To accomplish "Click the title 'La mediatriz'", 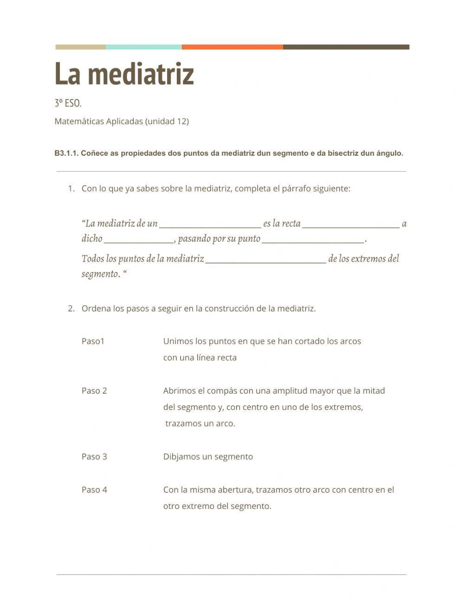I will pos(124,74).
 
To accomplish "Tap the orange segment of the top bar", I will pos(232,47).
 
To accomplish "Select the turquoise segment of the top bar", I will pos(143,47).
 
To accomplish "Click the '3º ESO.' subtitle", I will pos(68,103).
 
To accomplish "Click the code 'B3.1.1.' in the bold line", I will pos(66,153).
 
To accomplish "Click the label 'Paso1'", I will pos(93,341).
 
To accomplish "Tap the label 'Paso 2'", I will pos(94,391).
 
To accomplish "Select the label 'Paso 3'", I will pos(94,456).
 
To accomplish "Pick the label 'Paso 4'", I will pos(94,489).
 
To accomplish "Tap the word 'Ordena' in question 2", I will pos(96,309).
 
